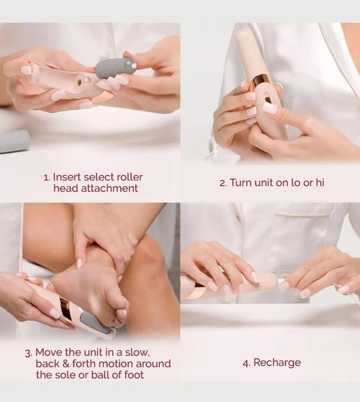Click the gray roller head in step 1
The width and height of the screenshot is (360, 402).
117,67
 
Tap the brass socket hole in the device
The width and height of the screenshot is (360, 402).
80,82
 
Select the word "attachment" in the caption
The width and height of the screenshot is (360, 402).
109,188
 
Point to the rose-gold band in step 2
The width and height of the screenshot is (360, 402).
260,81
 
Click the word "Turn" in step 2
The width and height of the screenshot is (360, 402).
240,183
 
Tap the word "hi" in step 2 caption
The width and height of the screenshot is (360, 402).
320,182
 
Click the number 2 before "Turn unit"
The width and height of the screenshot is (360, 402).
222,183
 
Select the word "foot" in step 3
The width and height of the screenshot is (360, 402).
134,375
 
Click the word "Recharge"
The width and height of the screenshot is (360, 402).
277,363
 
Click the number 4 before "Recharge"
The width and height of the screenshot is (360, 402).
246,363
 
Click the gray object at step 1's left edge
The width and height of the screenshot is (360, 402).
14,141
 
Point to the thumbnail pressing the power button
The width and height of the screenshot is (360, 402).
270,108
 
